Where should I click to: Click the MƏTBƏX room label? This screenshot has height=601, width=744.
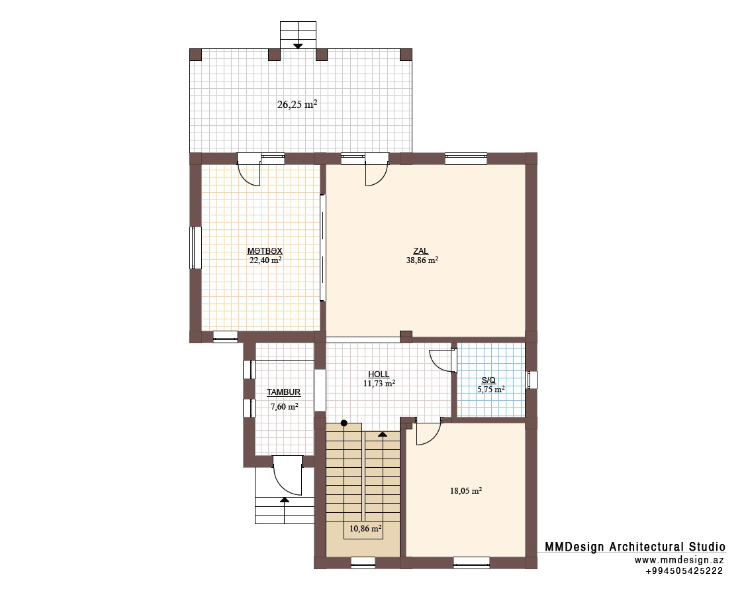[x=265, y=251]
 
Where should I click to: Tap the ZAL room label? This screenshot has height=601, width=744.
[x=420, y=251]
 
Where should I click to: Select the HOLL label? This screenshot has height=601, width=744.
[x=379, y=374]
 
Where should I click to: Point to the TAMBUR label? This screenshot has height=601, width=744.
[x=283, y=392]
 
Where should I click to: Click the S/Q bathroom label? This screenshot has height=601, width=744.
[x=488, y=380]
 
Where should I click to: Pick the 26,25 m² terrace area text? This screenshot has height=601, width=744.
[x=297, y=105]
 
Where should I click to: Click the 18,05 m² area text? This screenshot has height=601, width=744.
[x=466, y=491]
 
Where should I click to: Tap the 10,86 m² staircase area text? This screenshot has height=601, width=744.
[x=366, y=528]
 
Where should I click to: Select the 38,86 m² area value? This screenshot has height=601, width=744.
[x=422, y=260]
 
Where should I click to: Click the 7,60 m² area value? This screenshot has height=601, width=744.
[x=284, y=407]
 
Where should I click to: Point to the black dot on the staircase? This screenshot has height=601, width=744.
[x=344, y=423]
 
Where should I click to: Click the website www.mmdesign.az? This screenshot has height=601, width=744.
[x=679, y=560]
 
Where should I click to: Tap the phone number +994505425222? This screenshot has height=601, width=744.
[x=684, y=571]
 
